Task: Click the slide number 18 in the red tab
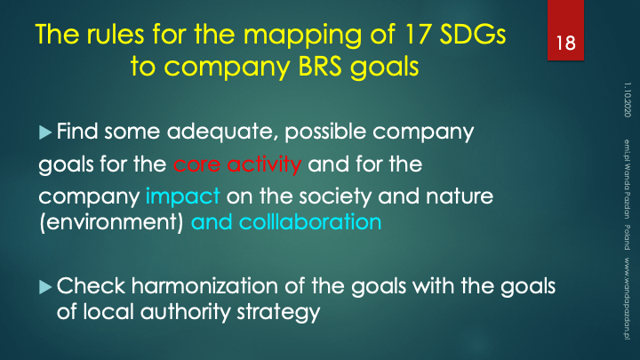pos(565,43)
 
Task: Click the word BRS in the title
pos(320,66)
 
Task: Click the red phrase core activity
pos(237,164)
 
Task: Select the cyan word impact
pos(182,196)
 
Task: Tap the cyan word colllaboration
pos(310,222)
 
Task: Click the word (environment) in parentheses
pos(111,223)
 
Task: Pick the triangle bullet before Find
pos(45,132)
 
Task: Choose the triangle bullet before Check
pos(45,287)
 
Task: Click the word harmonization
pos(204,285)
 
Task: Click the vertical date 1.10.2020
pos(627,100)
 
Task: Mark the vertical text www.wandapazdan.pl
pos(627,299)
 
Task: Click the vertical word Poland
pos(627,237)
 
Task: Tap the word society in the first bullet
pos(335,196)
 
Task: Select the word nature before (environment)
pos(460,196)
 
